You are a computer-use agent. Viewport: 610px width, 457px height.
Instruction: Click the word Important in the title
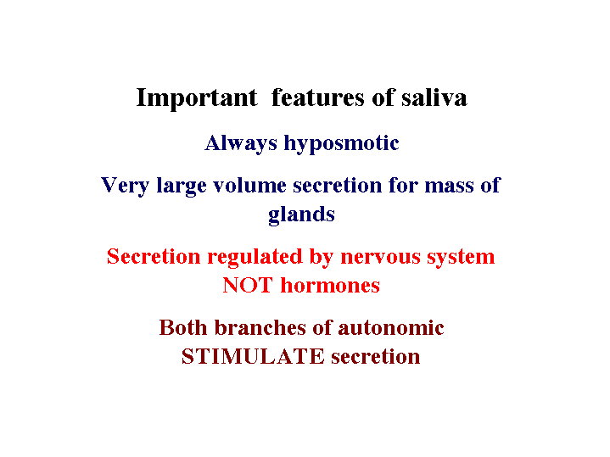tap(197, 98)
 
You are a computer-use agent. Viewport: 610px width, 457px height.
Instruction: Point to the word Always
tap(241, 143)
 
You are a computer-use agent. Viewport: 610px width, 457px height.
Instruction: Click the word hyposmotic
tap(342, 143)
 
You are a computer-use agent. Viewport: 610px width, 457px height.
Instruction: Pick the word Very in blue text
tap(125, 186)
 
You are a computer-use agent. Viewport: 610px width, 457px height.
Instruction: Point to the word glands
tap(301, 215)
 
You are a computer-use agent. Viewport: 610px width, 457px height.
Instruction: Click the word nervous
tap(380, 258)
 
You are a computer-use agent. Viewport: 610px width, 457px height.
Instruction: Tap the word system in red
tap(461, 258)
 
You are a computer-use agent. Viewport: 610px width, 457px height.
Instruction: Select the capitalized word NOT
tap(248, 286)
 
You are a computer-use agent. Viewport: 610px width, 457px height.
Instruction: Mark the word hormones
tap(330, 286)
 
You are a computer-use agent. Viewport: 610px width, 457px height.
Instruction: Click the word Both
tap(183, 327)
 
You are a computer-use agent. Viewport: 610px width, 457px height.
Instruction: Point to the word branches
tap(260, 327)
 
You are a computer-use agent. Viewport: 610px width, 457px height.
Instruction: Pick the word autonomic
tap(391, 328)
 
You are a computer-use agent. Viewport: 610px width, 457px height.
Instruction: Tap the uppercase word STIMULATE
tap(253, 357)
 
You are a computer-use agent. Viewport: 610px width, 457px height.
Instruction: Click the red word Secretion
tap(154, 257)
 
